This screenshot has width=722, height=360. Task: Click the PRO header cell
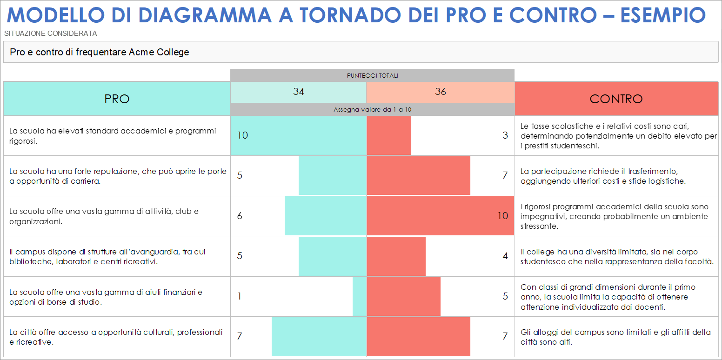pos(117,99)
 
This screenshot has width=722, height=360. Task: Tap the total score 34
pos(298,92)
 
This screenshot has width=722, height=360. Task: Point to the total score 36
pos(440,92)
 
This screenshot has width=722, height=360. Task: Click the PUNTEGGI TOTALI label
pos(372,75)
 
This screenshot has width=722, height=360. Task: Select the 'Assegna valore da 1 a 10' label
pos(372,110)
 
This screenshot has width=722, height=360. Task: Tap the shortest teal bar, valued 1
pos(359,296)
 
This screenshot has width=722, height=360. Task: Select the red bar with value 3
pos(389,135)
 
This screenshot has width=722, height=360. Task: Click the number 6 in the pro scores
pos(240,216)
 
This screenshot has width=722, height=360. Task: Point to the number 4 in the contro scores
pos(505,256)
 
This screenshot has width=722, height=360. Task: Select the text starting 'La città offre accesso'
pos(116,337)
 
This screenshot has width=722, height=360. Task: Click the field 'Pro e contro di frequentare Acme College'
pos(100,52)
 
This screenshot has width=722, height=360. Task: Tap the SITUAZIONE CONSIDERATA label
pos(50,33)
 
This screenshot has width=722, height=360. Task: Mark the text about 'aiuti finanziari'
pos(106,297)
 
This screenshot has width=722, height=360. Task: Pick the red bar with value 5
pos(403,296)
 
